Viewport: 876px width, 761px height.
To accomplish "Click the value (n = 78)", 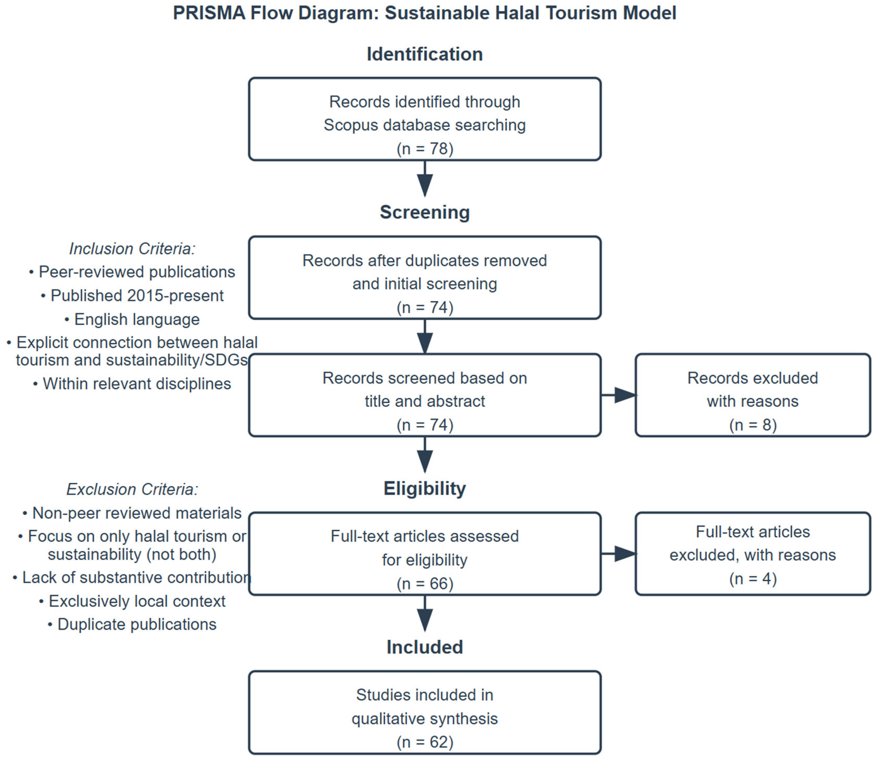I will [x=425, y=149].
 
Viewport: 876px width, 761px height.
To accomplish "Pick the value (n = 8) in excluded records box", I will [x=753, y=425].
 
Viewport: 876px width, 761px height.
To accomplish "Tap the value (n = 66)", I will [x=425, y=583].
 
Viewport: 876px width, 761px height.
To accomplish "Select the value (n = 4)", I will [x=753, y=578].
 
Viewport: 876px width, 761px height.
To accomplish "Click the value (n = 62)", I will [x=425, y=742].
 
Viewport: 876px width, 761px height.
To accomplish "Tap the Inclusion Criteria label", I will [x=132, y=249].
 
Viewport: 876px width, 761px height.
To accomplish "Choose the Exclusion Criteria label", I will [x=132, y=489].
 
